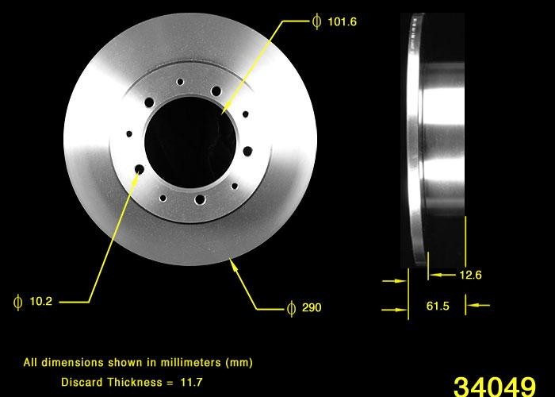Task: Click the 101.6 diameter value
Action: tap(342, 22)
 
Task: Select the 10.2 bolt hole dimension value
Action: tap(40, 302)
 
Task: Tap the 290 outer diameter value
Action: tap(312, 307)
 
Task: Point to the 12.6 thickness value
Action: tap(470, 276)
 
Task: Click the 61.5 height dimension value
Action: tap(437, 306)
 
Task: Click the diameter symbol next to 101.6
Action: tap(317, 22)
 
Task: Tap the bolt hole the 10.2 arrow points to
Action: tap(139, 169)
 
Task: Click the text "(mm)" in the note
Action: tap(239, 363)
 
